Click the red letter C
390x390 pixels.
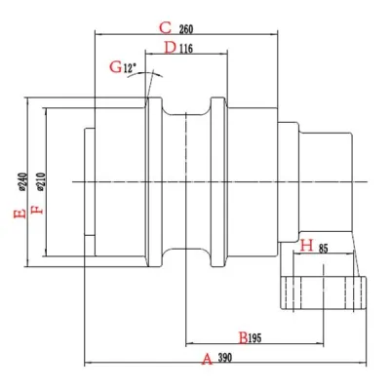(165, 28)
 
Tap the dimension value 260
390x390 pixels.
(186, 29)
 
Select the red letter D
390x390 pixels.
(170, 48)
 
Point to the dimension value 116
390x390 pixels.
(186, 49)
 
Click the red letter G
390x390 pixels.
(116, 67)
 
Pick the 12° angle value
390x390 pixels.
(130, 68)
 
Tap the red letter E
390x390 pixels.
(19, 214)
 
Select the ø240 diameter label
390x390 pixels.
(23, 181)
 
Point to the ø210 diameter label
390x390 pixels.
(41, 181)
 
